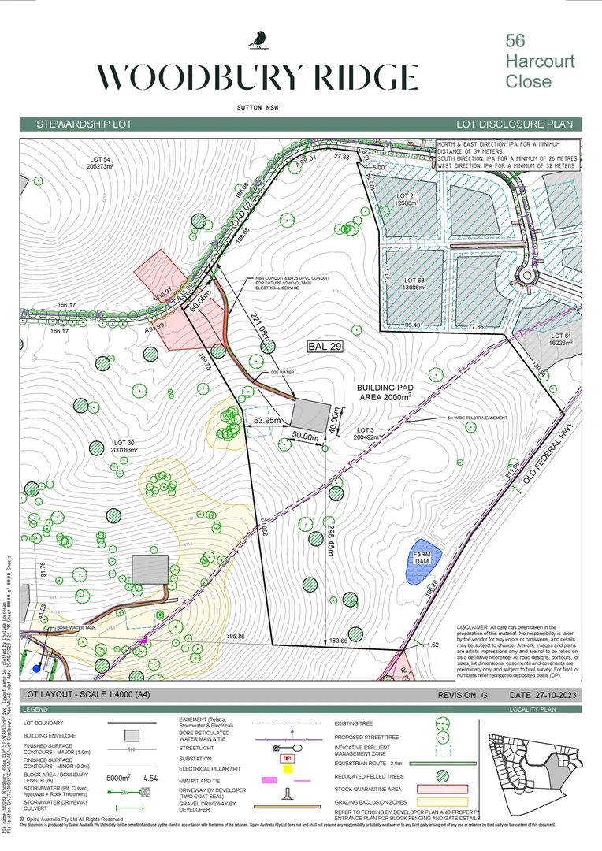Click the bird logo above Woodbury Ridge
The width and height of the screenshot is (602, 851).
coord(257,39)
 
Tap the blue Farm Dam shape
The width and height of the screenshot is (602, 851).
coord(423,561)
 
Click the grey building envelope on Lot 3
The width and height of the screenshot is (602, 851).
coord(311,412)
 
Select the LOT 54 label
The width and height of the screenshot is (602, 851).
coord(103,163)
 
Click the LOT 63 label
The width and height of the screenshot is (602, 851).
coord(414,284)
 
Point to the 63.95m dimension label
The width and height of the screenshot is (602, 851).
coord(268,421)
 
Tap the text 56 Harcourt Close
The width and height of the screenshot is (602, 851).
coord(540,61)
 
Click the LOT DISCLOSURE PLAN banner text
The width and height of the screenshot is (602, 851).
coord(518,124)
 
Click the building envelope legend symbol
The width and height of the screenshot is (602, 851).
coord(132,735)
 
